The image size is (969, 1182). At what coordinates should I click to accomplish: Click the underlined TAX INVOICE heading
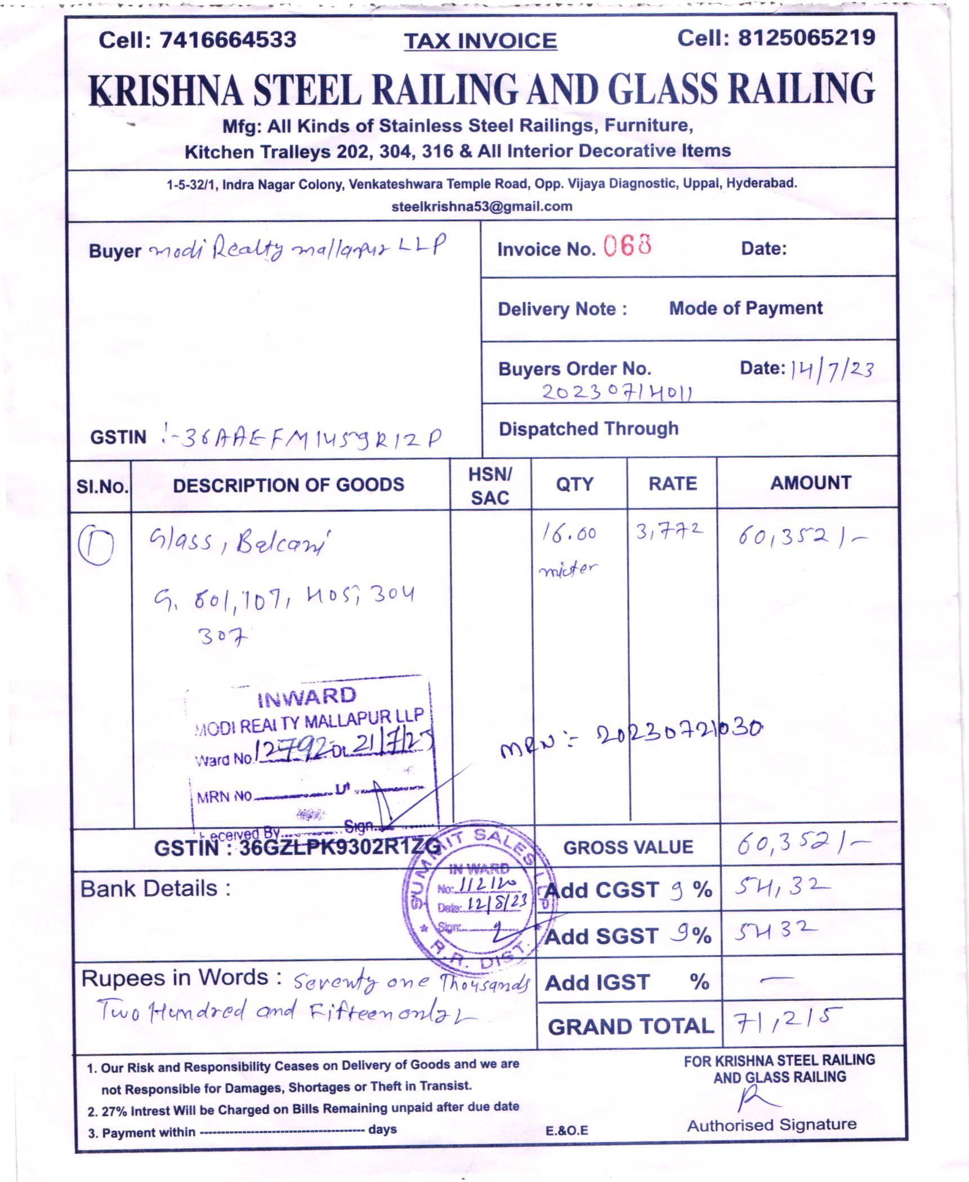[x=480, y=41]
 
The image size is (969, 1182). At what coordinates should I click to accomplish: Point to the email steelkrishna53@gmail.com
[x=482, y=206]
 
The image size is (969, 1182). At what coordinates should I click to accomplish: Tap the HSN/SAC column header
[x=490, y=485]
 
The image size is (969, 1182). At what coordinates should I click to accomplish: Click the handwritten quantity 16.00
[x=569, y=532]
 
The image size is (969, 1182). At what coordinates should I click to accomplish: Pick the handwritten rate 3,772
[x=669, y=530]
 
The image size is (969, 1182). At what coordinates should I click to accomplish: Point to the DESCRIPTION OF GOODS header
[x=288, y=485]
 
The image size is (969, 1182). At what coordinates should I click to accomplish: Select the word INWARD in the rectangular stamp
[x=307, y=697]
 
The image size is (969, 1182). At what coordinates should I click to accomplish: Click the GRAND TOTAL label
[x=631, y=1027]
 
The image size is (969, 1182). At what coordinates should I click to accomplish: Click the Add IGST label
[x=597, y=983]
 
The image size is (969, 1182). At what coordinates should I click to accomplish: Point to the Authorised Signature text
[x=771, y=1125]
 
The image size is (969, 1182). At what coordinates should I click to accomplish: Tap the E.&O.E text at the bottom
[x=566, y=1130]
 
